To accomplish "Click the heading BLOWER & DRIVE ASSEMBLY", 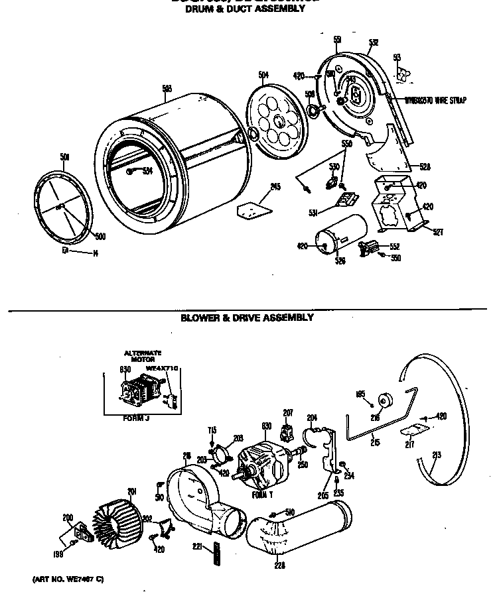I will tap(247, 318).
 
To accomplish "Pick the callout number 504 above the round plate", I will tap(263, 76).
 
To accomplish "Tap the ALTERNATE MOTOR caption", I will tap(143, 356).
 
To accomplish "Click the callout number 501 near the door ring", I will tap(64, 157).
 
